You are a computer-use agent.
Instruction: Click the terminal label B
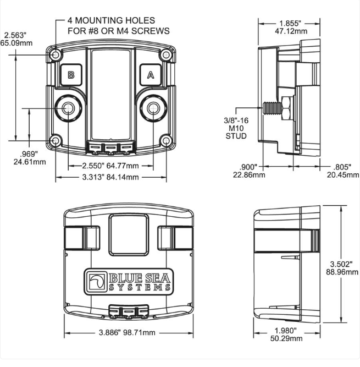[x=71, y=75]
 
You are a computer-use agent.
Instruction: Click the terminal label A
[x=151, y=75]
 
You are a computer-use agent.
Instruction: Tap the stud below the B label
[x=68, y=108]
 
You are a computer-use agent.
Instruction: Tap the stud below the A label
[x=153, y=108]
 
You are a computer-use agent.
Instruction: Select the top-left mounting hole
[x=56, y=55]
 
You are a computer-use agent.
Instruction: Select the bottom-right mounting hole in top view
[x=166, y=141]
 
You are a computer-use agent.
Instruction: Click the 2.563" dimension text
[x=15, y=35]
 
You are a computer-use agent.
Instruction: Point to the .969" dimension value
[x=29, y=154]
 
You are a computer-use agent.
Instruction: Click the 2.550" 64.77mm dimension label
[x=110, y=166]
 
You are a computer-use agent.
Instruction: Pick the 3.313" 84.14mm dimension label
[x=110, y=177]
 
